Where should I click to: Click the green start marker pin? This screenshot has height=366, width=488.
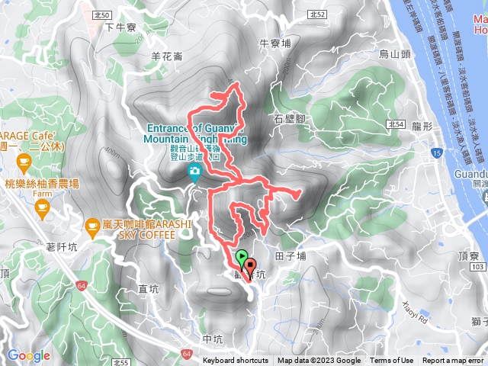click(x=242, y=257)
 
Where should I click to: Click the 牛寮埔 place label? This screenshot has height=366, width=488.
click(x=275, y=44)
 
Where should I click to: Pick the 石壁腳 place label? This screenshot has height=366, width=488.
click(x=289, y=119)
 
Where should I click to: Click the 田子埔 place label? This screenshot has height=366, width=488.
click(x=290, y=257)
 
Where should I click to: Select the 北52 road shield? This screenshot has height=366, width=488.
click(x=318, y=14)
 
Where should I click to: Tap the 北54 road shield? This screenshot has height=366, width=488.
click(x=394, y=124)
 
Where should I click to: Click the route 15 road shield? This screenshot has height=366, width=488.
click(x=435, y=154)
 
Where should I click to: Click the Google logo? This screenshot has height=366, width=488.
click(x=29, y=355)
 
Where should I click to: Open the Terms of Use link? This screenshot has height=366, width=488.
click(x=392, y=361)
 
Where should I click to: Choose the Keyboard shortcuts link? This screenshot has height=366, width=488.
click(x=236, y=361)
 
